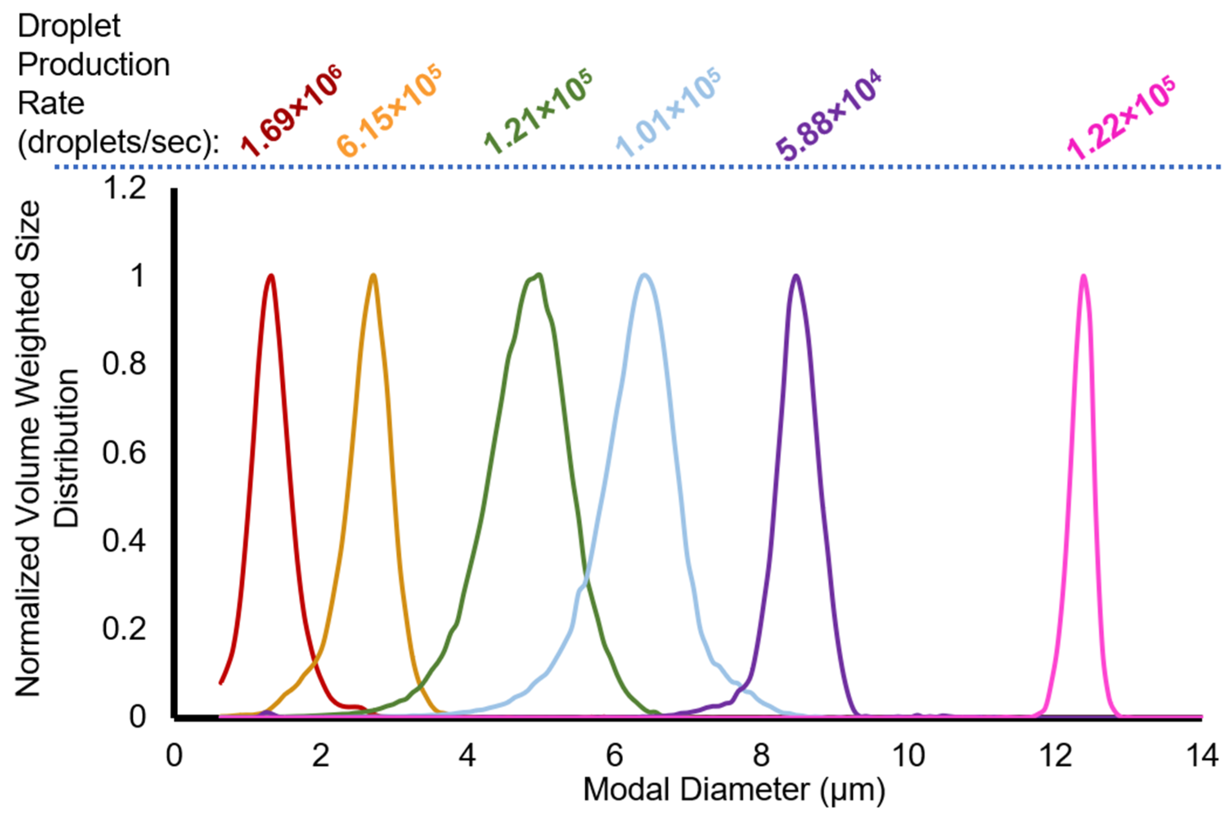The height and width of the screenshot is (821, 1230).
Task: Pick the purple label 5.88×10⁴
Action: pyautogui.click(x=828, y=115)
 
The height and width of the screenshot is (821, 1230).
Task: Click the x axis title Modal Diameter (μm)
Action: pyautogui.click(x=734, y=790)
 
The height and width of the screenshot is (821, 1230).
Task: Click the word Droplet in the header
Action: pyautogui.click(x=69, y=26)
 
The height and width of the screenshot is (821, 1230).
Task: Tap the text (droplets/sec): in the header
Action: pyautogui.click(x=118, y=141)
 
